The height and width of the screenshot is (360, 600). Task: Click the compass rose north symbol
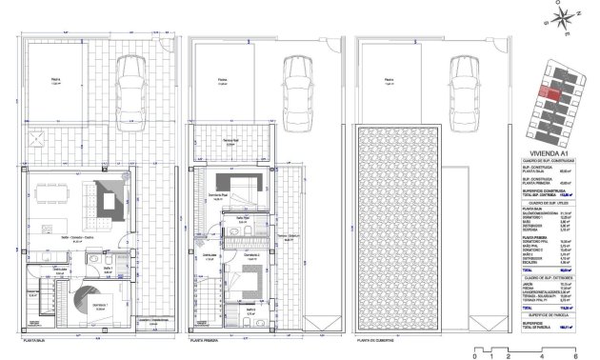click(563, 15)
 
